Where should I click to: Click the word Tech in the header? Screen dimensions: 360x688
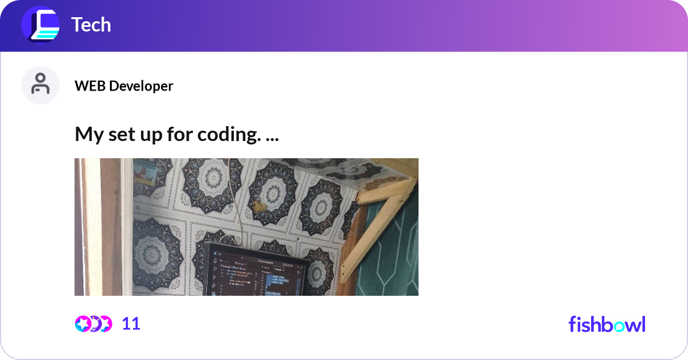[x=91, y=25]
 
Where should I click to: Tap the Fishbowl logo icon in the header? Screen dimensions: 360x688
[x=40, y=25]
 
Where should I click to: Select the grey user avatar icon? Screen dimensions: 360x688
[x=40, y=85]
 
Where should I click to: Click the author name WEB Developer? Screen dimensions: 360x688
[x=123, y=86]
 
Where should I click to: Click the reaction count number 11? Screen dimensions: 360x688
[x=131, y=324]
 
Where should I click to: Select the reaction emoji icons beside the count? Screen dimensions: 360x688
[x=93, y=324]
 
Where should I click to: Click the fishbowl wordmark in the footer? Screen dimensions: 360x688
[x=607, y=324]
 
